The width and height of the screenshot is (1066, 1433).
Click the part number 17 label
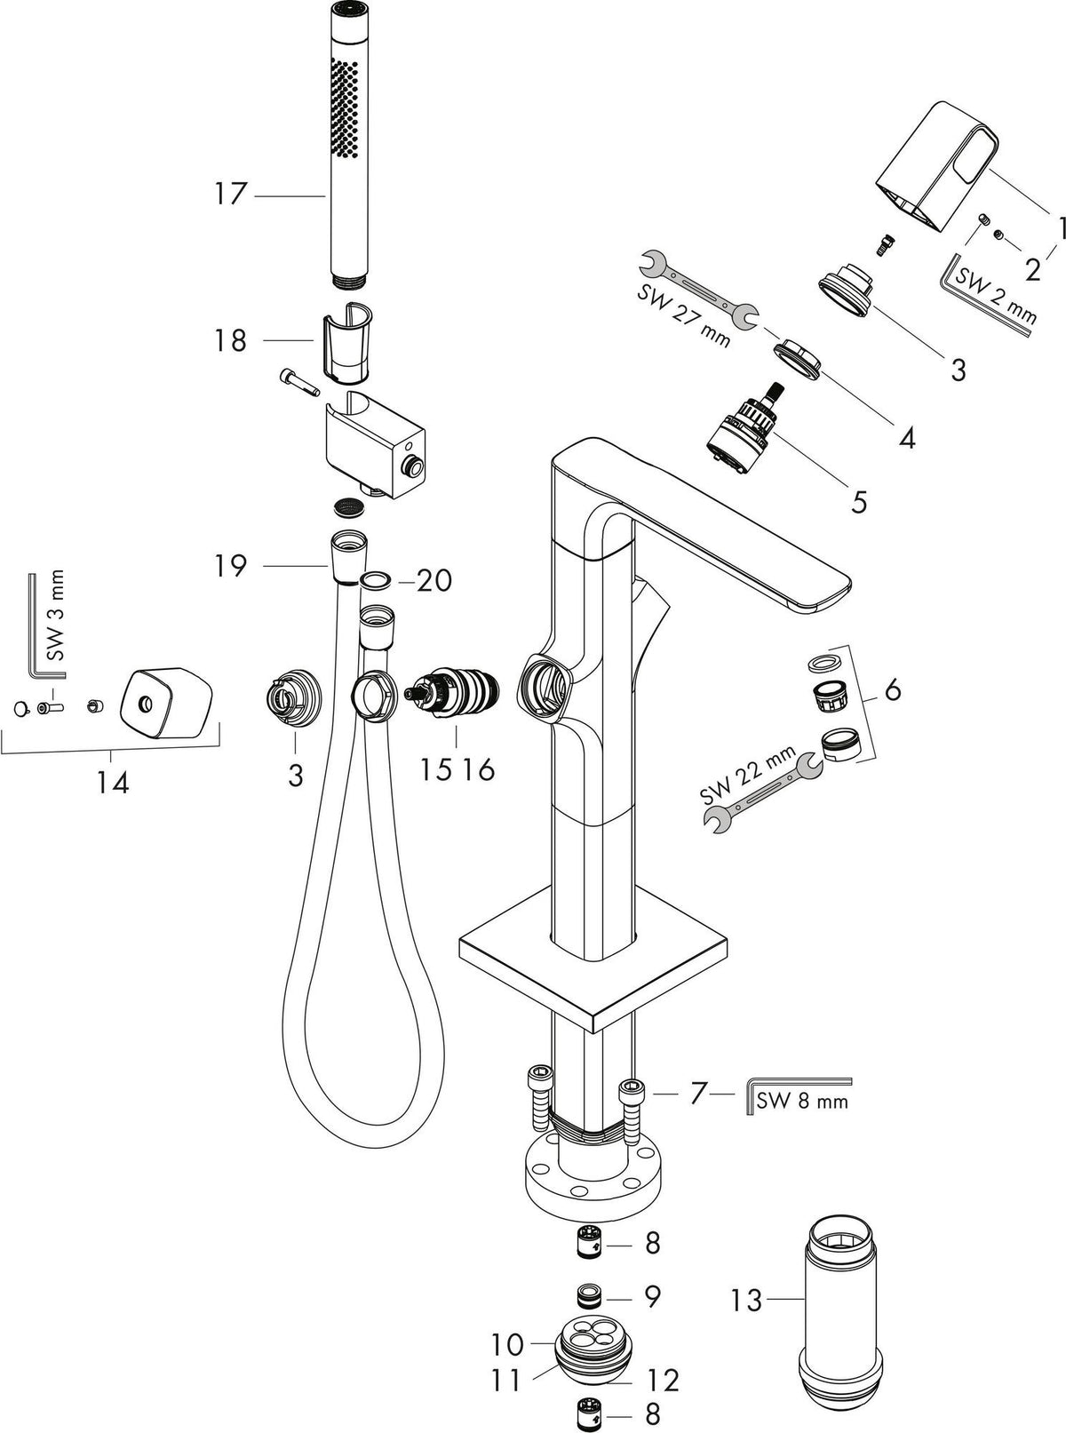pyautogui.click(x=231, y=194)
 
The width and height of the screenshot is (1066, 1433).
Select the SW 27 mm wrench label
pyautogui.click(x=683, y=316)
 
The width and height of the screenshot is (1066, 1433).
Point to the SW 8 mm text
pyautogui.click(x=802, y=1101)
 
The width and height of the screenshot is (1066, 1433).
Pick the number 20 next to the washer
pyautogui.click(x=434, y=581)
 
